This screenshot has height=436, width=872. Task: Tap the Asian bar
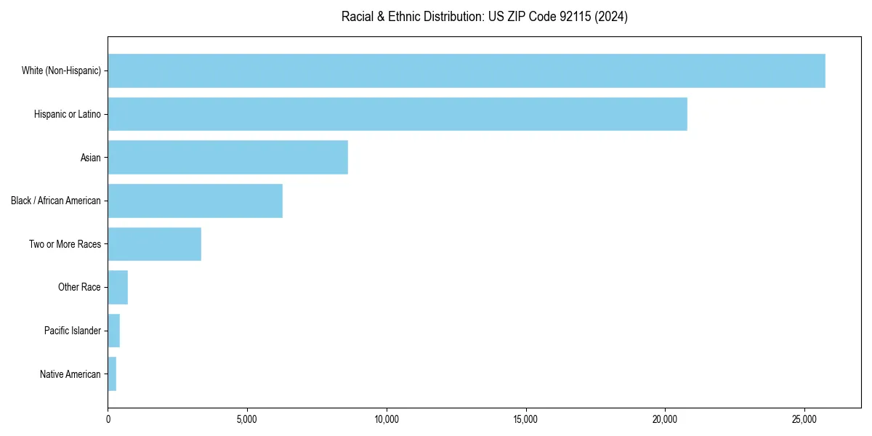point(228,157)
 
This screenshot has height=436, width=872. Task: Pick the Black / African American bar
point(195,201)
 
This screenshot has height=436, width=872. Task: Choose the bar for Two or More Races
point(155,244)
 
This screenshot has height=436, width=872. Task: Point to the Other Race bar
point(118,287)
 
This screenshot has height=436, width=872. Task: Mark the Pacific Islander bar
point(114,331)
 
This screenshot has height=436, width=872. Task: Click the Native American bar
point(112,374)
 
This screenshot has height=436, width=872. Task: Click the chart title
point(485,17)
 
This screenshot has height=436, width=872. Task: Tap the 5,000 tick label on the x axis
point(247,419)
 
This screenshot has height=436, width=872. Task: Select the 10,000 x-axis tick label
point(387,419)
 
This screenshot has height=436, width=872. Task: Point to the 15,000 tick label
point(525,419)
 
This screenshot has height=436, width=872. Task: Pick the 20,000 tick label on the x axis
point(665,419)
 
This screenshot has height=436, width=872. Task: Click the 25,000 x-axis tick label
point(804,419)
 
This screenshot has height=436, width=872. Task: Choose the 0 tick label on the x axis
point(108,419)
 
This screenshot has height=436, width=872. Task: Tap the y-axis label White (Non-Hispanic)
point(61,70)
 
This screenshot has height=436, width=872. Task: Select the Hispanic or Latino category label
point(68,114)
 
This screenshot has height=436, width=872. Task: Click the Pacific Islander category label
point(73,331)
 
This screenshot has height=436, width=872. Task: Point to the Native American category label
point(70,374)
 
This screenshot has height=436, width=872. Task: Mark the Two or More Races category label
point(65,244)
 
